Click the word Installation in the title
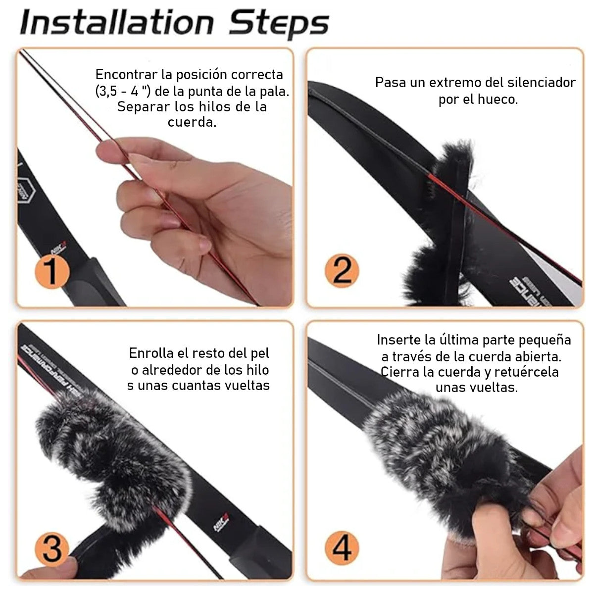117,22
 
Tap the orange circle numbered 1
52,272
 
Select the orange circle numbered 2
342,271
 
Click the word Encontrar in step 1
127,75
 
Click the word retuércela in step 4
527,372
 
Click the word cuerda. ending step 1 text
192,123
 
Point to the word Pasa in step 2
390,83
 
